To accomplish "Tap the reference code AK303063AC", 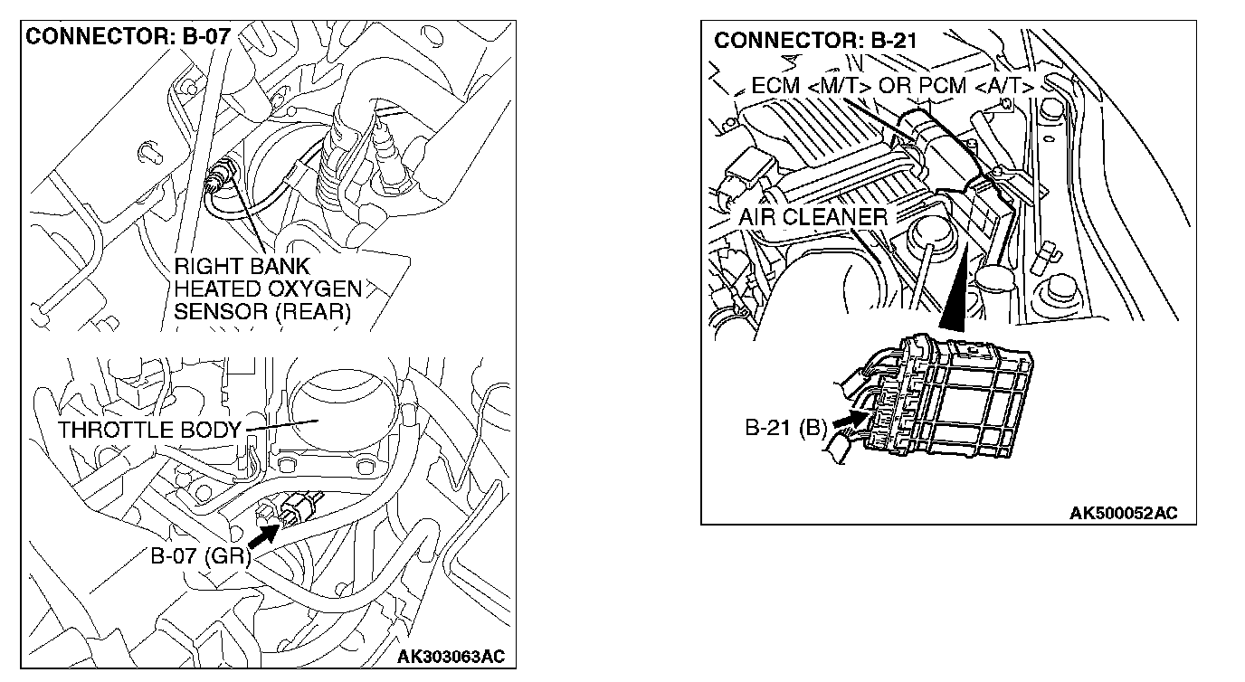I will click(451, 656).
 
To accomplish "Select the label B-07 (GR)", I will click(200, 555).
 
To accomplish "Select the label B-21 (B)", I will click(785, 428).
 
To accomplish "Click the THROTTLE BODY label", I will click(148, 430).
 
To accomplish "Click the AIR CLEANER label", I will click(812, 217).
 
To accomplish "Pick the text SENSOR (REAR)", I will click(261, 311).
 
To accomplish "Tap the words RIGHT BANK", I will click(242, 267).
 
